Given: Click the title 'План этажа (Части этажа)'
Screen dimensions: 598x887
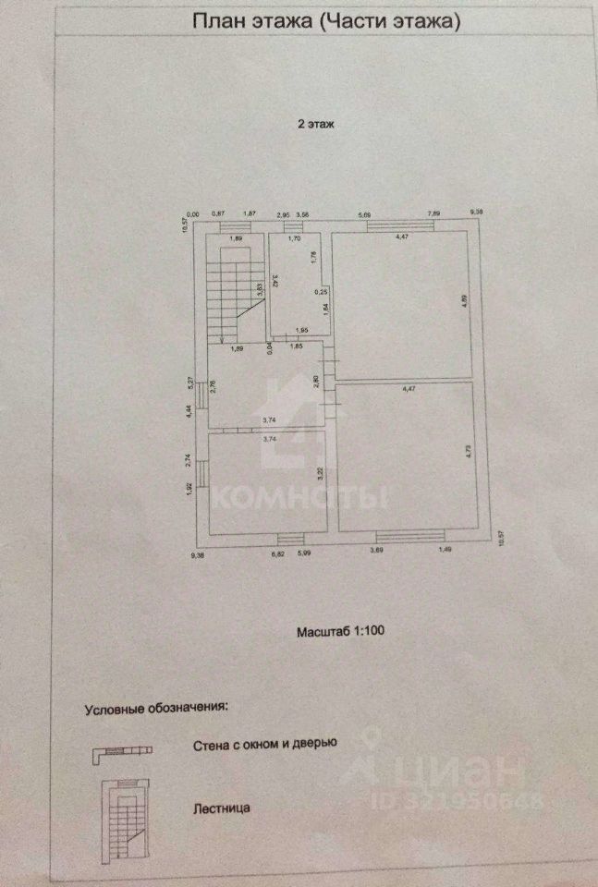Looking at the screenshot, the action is pyautogui.click(x=325, y=22).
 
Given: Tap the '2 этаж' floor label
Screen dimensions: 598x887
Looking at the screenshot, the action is pyautogui.click(x=314, y=122).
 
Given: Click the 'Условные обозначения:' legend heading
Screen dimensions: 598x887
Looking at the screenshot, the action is pyautogui.click(x=155, y=709).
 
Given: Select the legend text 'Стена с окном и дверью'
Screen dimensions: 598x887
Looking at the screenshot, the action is pyautogui.click(x=265, y=743).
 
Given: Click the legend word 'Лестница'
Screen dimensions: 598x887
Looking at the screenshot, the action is pyautogui.click(x=222, y=808).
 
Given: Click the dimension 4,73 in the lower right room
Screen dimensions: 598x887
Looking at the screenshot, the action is pyautogui.click(x=465, y=455).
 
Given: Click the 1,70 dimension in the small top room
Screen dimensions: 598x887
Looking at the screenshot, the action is pyautogui.click(x=295, y=239).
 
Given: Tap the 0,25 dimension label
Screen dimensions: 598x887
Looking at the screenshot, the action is pyautogui.click(x=321, y=292).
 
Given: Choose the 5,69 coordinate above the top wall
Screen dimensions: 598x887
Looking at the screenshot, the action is pyautogui.click(x=365, y=216).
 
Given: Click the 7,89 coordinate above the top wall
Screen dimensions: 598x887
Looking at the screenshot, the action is pyautogui.click(x=433, y=216).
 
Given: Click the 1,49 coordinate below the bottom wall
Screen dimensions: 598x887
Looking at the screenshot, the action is pyautogui.click(x=444, y=552).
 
